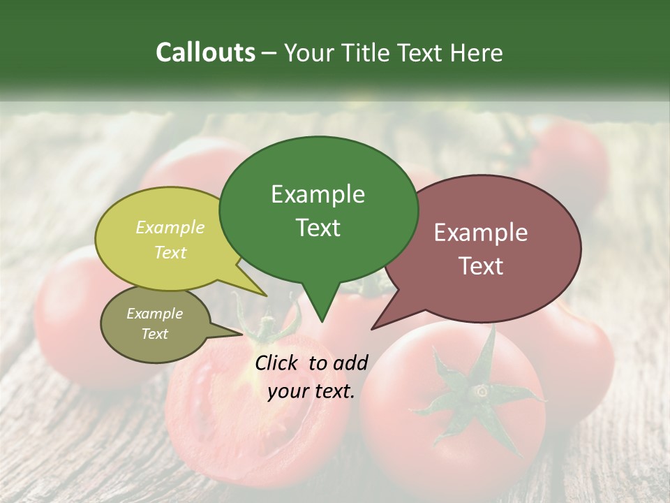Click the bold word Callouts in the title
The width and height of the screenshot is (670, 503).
coord(205,52)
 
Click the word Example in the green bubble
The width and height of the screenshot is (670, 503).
coord(318,194)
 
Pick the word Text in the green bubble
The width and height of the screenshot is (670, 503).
coord(318,228)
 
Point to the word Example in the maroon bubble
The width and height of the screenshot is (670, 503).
coord(481,233)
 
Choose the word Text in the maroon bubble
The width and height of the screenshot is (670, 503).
coord(481,266)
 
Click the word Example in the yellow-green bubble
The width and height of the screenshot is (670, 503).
coord(170,227)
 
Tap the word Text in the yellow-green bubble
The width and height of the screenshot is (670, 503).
coord(170,252)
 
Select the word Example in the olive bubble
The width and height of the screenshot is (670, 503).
coord(154,314)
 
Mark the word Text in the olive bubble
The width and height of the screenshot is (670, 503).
coord(154,334)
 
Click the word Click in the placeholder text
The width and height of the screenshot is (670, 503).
coord(278,363)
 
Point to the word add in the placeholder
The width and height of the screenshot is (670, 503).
coord(351,363)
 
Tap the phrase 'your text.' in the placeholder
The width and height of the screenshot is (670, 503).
coord(311,391)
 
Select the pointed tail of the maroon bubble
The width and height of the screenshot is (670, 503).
coord(380,322)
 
